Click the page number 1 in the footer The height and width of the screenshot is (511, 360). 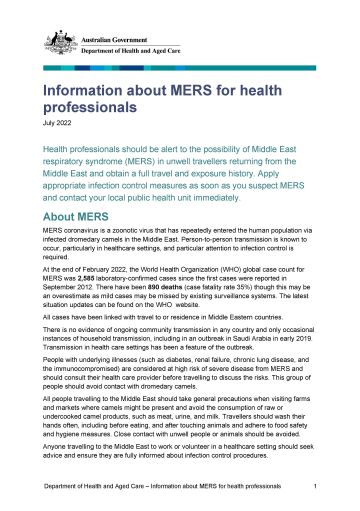click(315, 486)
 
